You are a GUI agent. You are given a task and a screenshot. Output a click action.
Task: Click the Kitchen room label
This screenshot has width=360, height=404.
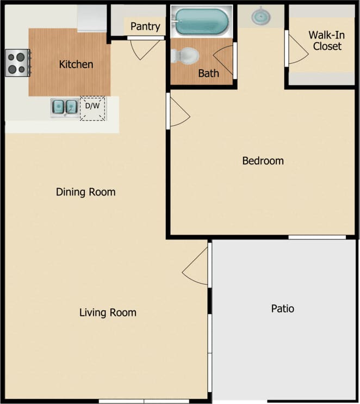point(76,64)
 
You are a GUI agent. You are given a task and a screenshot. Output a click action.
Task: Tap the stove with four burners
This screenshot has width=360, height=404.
point(17,63)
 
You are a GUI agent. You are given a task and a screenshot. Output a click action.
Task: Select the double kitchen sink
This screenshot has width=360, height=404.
point(64,107)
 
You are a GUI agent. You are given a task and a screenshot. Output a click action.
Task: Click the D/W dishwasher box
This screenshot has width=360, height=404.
point(92,108)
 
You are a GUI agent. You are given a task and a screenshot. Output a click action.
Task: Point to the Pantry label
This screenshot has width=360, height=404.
point(145,26)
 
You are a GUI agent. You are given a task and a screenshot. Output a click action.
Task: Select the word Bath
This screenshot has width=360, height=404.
point(208,73)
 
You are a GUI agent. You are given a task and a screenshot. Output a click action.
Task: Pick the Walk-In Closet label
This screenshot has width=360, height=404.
point(327,40)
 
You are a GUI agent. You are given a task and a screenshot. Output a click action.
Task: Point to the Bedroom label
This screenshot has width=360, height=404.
point(263,161)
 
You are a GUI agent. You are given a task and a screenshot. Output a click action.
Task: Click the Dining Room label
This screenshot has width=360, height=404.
point(86,192)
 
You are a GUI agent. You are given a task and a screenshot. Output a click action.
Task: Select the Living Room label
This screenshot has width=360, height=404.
point(108,313)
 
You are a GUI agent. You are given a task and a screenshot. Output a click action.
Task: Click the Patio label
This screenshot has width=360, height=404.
point(283,309)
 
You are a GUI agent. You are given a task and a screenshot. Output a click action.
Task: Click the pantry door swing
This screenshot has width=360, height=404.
point(144,48)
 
